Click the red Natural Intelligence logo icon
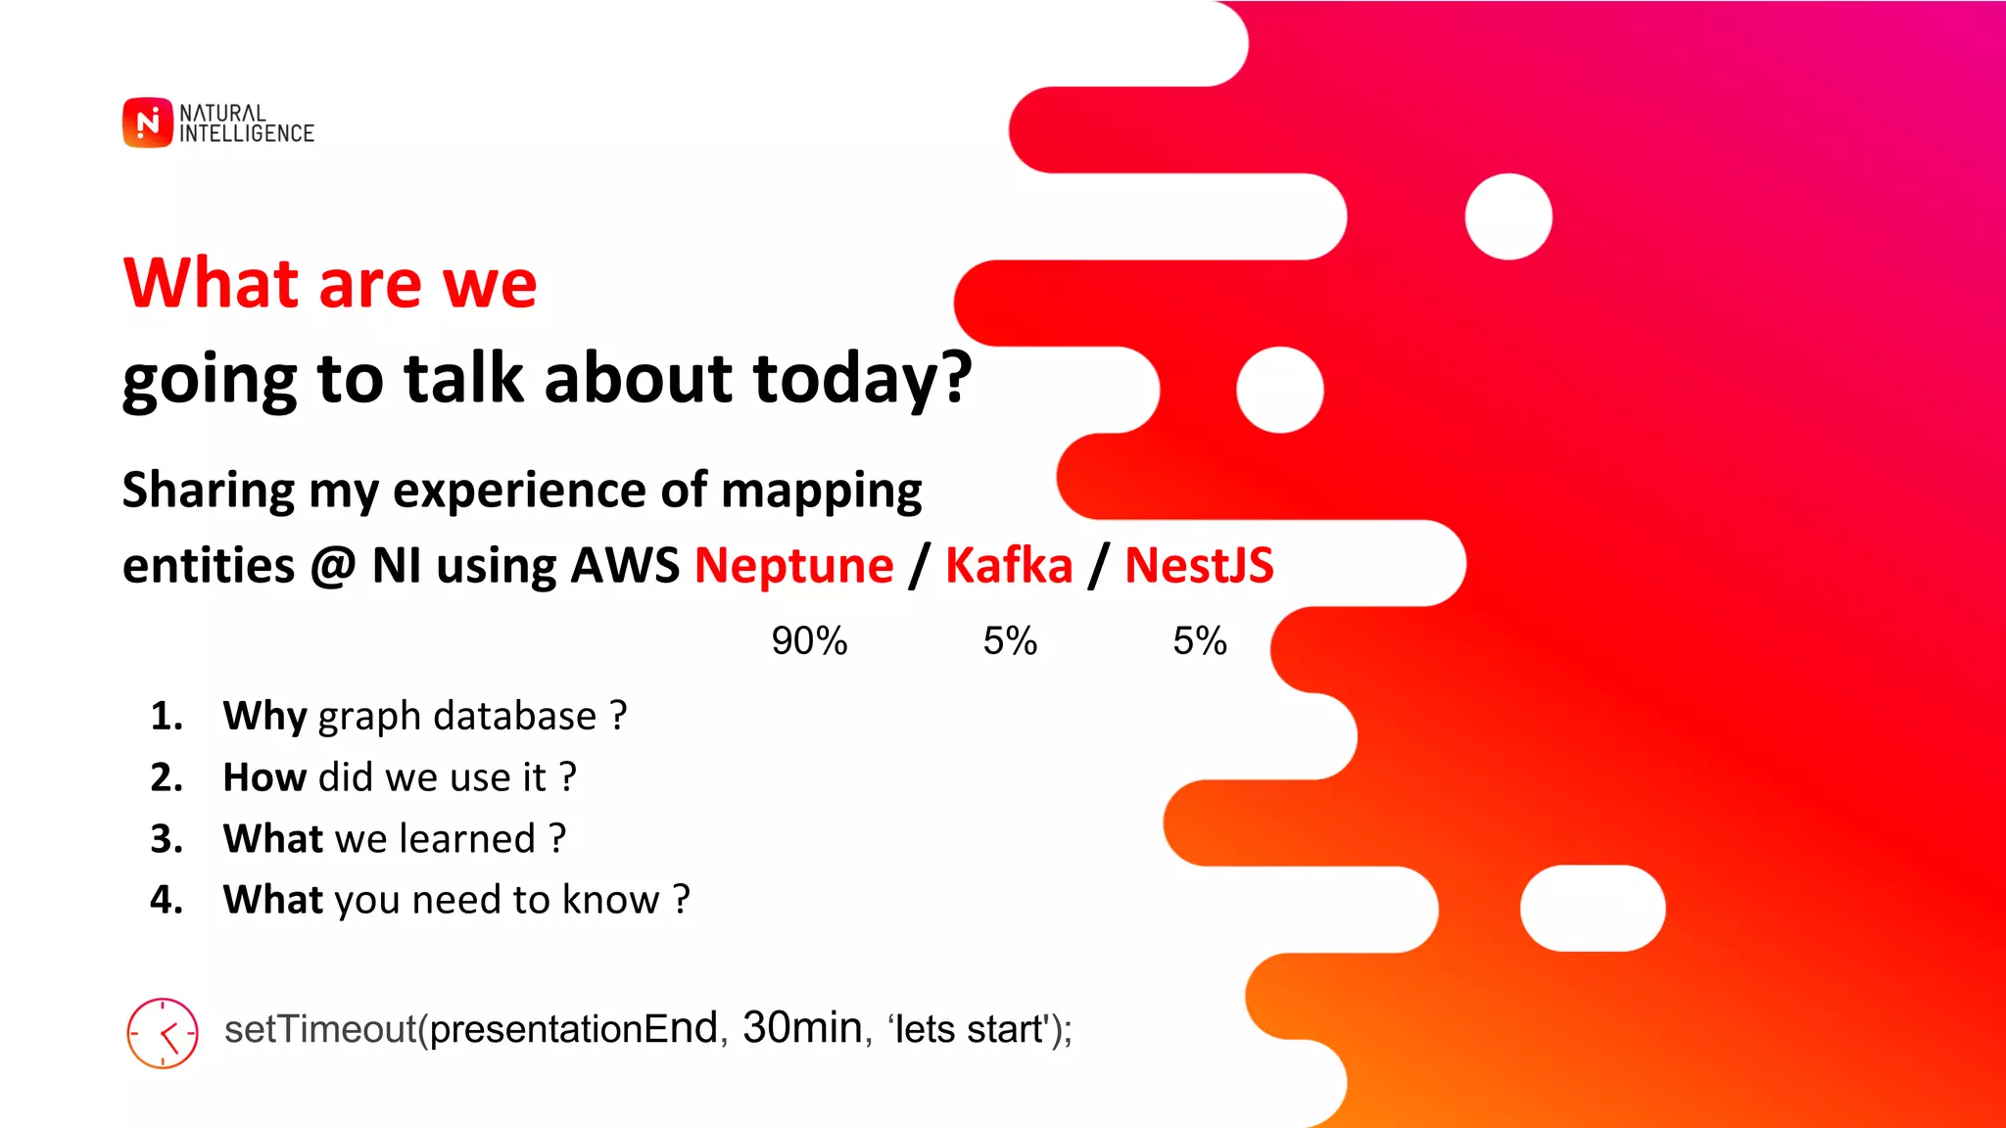coord(147,122)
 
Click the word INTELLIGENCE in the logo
coord(247,134)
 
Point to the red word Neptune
coord(793,566)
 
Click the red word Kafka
coord(1009,566)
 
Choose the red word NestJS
coord(1199,566)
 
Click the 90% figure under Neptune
coord(809,641)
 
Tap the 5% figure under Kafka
coord(1010,641)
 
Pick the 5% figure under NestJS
coord(1200,641)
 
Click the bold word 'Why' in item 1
coord(265,717)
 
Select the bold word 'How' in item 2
coord(264,777)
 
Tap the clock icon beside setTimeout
coord(163,1033)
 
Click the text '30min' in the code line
coord(802,1028)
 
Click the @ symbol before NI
coord(333,567)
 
